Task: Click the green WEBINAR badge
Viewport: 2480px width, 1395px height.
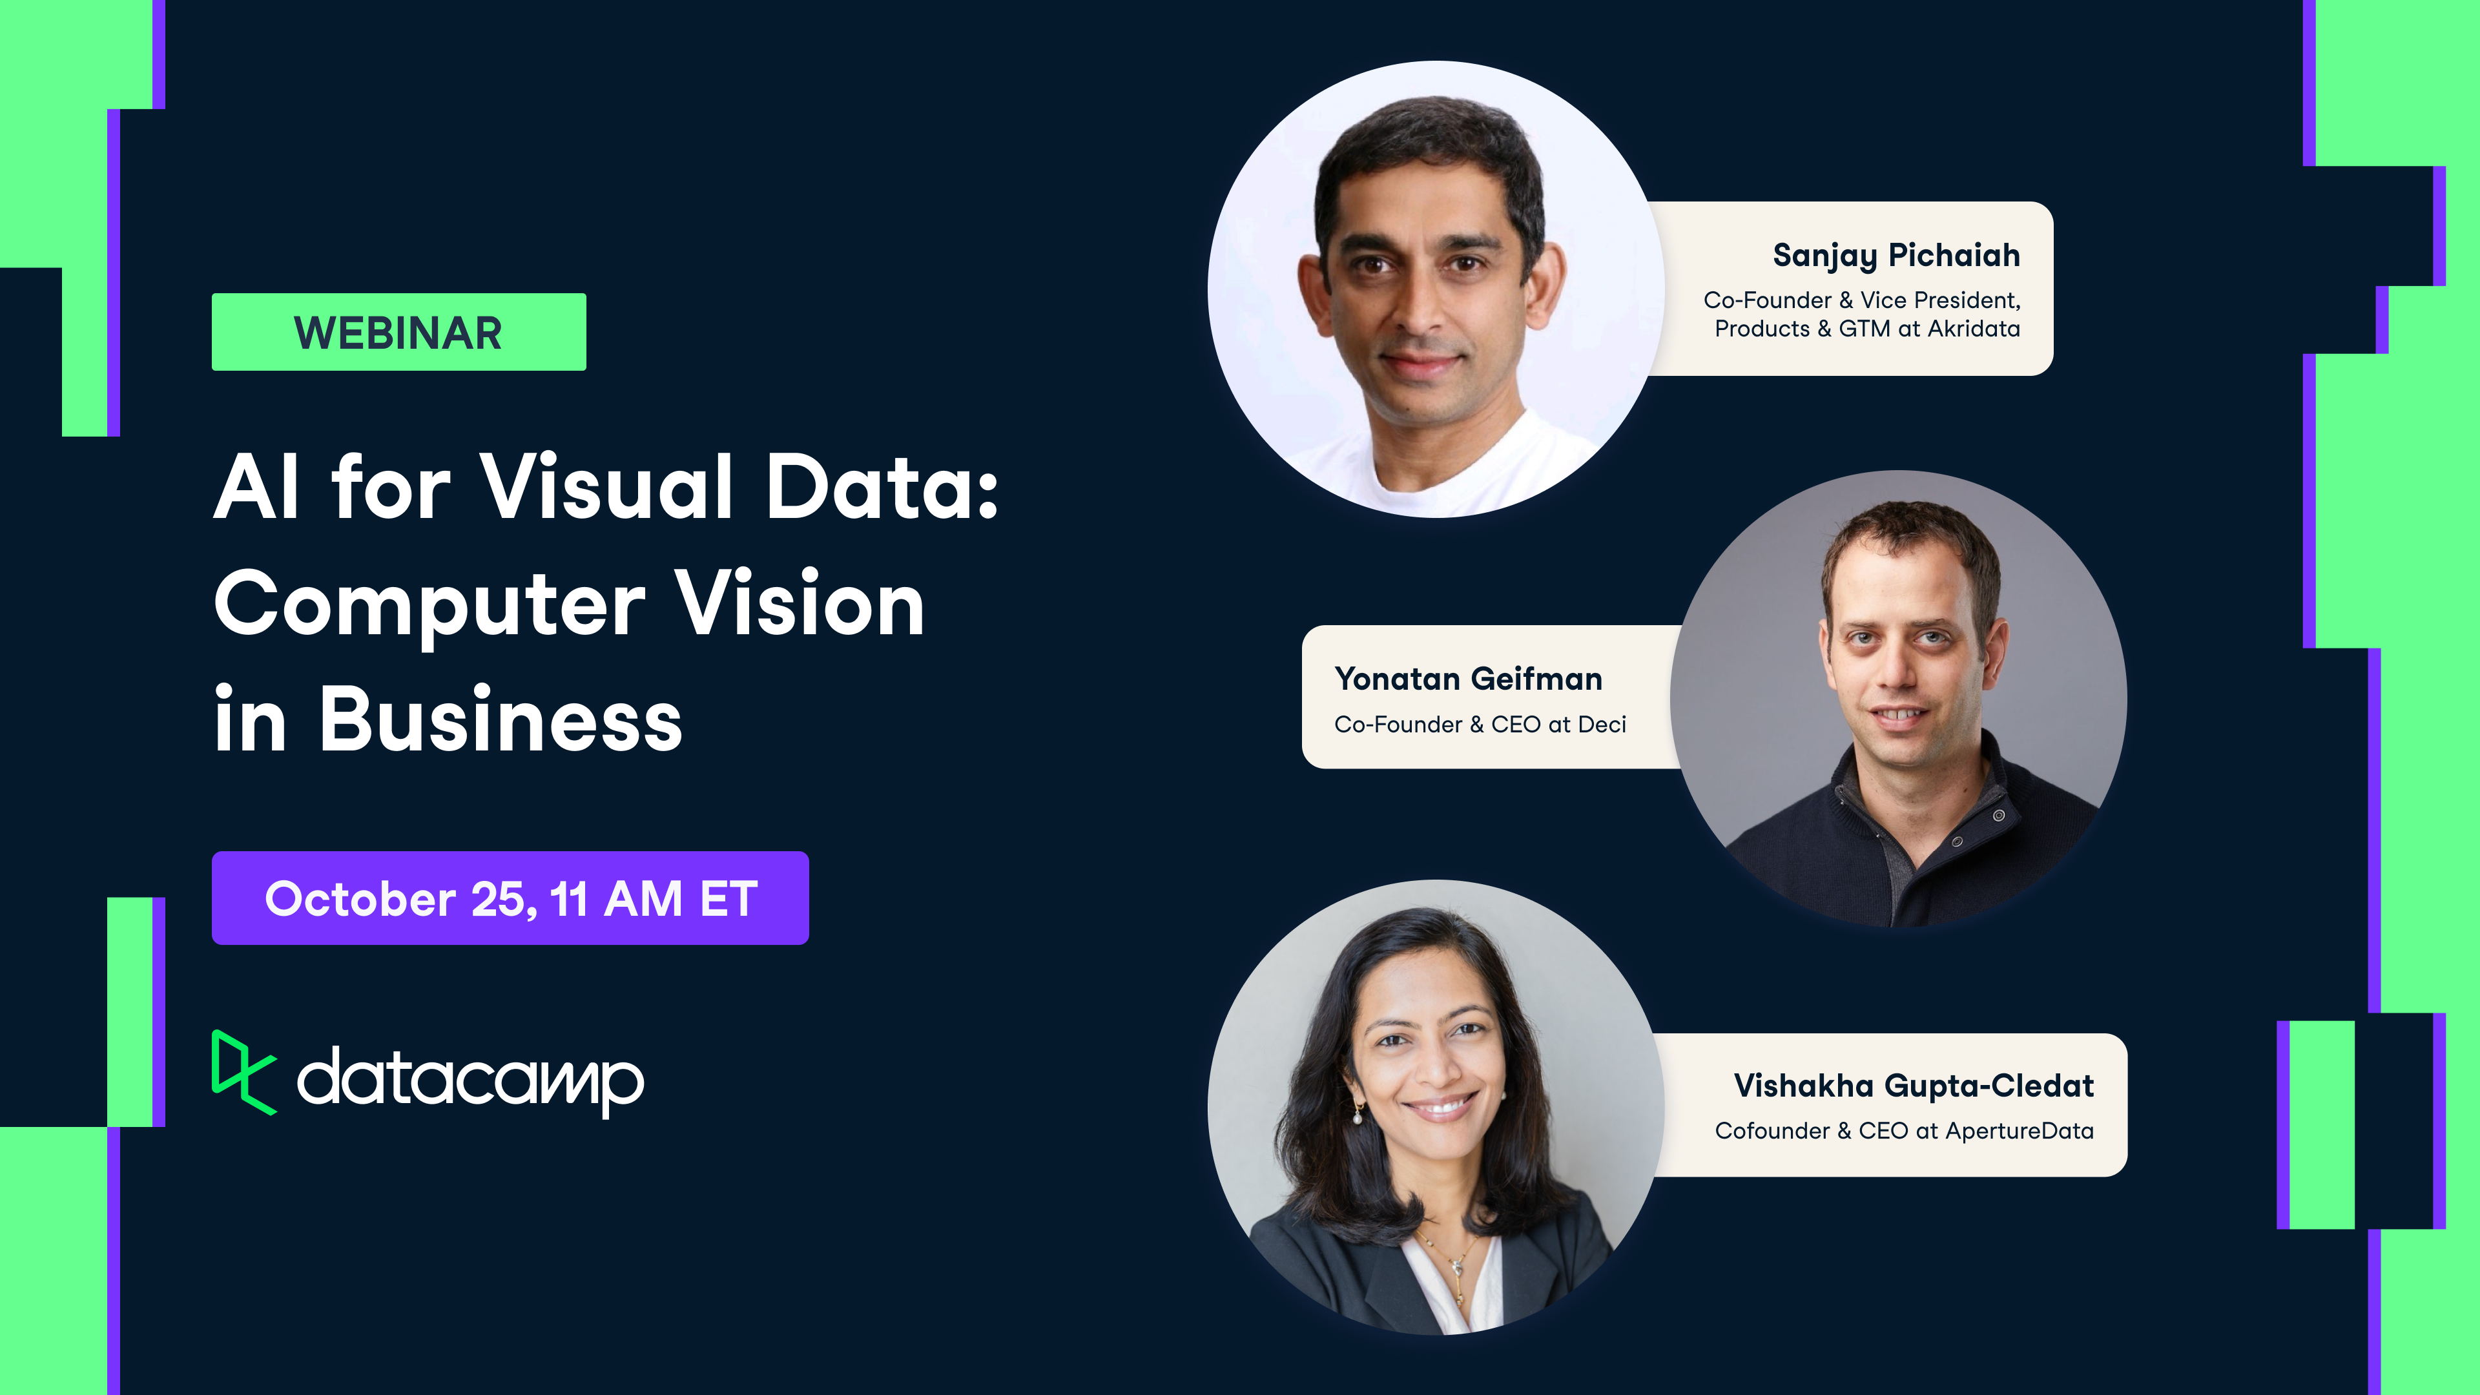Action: click(x=398, y=332)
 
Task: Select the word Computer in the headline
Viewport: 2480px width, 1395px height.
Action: click(x=428, y=604)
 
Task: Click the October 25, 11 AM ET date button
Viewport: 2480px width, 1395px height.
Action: click(x=510, y=898)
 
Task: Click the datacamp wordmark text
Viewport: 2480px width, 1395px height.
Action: click(x=470, y=1080)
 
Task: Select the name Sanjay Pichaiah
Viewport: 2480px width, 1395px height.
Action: click(x=1896, y=255)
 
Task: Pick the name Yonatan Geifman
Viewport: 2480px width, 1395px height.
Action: click(x=1468, y=679)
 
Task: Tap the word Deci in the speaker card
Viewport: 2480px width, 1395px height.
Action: click(x=1601, y=724)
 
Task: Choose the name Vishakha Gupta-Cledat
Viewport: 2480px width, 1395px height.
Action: click(x=1913, y=1085)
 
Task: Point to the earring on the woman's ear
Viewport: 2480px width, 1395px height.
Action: click(x=1358, y=1117)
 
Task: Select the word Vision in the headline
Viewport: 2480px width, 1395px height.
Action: click(x=798, y=604)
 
